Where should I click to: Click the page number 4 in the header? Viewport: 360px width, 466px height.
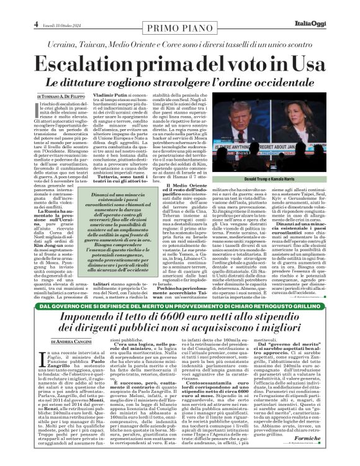37,7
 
